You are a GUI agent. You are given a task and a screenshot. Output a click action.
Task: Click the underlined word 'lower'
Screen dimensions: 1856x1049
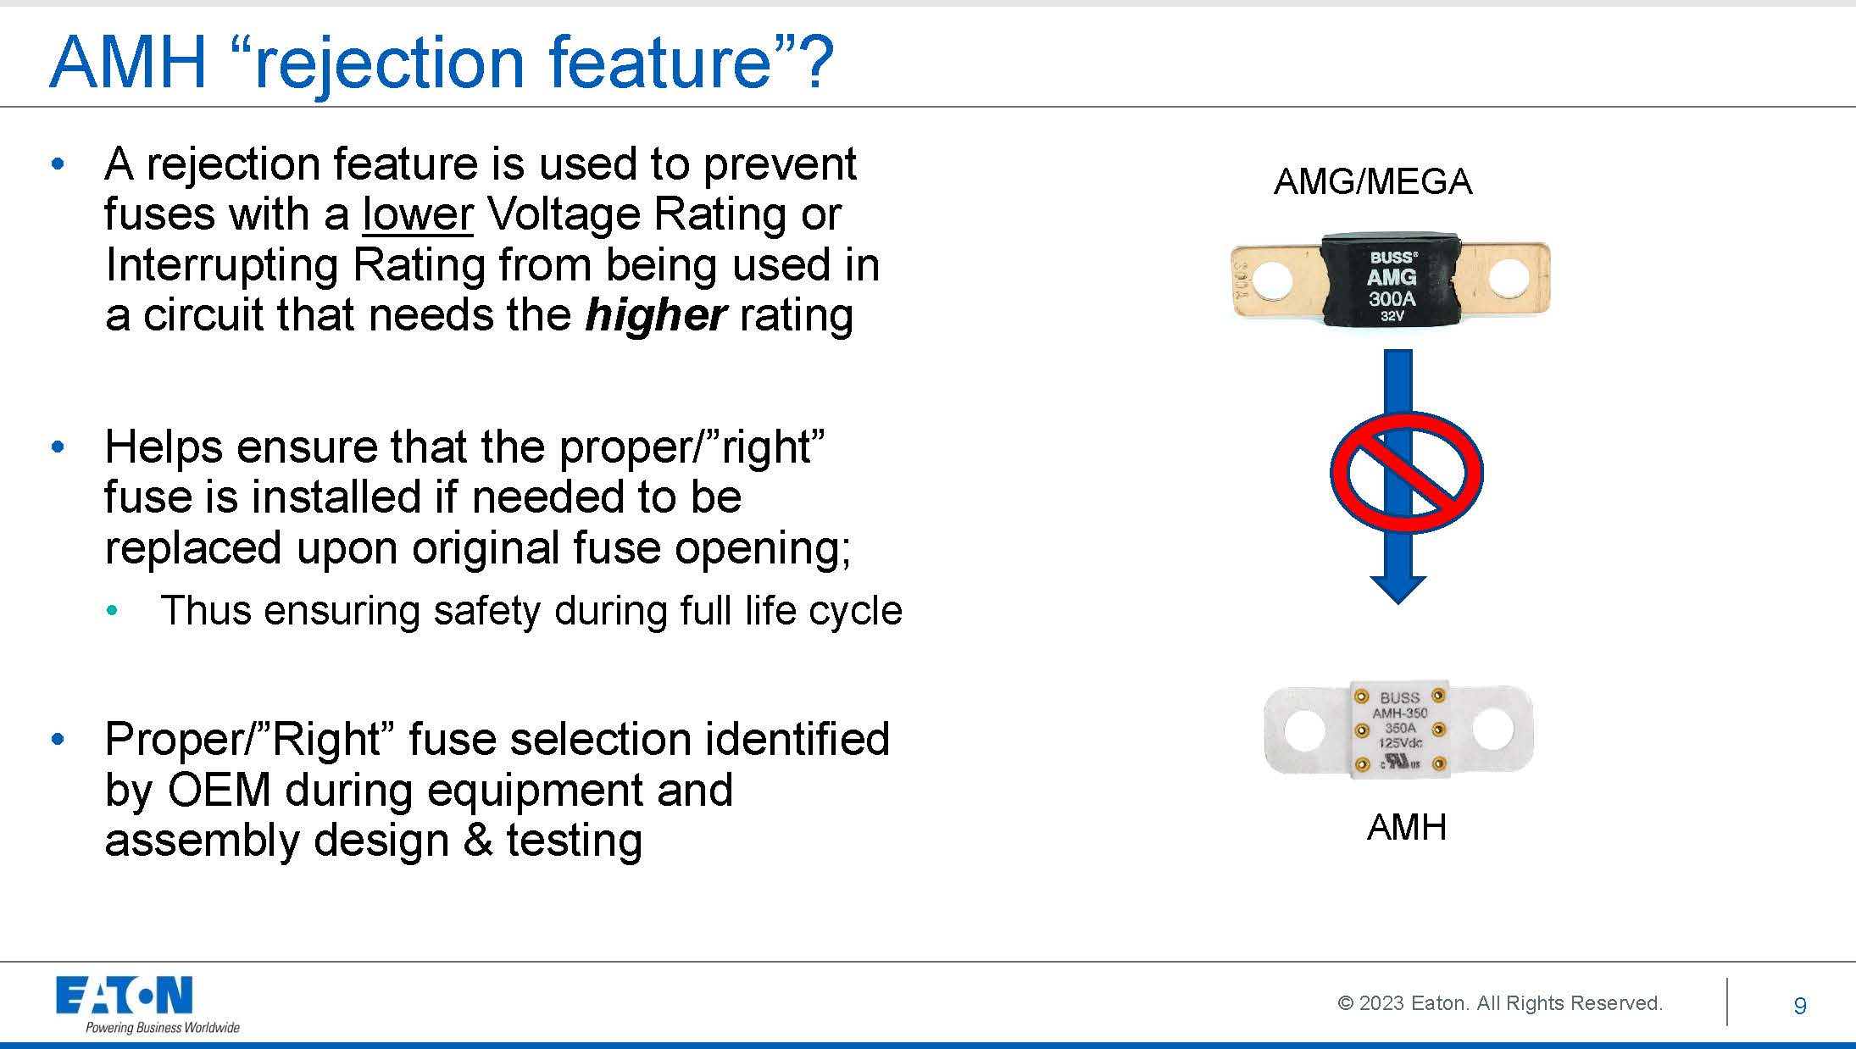[x=417, y=214]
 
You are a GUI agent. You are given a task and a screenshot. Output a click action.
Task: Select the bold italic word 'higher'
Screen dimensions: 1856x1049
[x=655, y=316]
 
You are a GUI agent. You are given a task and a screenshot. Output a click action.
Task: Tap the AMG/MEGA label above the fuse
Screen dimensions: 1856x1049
[x=1373, y=181]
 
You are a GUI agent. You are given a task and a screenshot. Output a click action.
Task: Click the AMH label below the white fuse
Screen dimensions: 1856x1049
[x=1407, y=827]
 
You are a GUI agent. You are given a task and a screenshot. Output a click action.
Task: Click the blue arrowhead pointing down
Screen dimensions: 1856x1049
[x=1398, y=590]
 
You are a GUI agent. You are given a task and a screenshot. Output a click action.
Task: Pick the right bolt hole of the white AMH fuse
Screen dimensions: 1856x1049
[x=1493, y=730]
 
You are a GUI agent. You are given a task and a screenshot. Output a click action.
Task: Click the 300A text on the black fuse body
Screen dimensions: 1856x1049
[x=1392, y=298]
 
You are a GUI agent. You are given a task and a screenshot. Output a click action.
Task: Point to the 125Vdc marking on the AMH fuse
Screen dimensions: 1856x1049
[x=1400, y=743]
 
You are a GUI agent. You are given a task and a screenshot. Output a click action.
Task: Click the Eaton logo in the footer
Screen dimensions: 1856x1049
[x=125, y=995]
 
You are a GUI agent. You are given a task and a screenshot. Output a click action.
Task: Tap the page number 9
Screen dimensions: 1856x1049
[x=1800, y=1006]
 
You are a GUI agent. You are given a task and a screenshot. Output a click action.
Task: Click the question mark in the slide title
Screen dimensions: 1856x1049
[x=819, y=62]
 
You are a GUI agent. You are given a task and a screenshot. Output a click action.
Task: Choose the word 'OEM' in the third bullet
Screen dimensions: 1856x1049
[x=219, y=790]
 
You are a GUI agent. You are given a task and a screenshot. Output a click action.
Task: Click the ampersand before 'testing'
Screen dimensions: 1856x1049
[x=478, y=841]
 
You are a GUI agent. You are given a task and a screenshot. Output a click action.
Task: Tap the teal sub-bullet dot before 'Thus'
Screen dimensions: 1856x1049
[x=113, y=611]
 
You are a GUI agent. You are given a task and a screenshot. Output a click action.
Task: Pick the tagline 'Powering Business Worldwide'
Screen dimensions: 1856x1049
[x=163, y=1028]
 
